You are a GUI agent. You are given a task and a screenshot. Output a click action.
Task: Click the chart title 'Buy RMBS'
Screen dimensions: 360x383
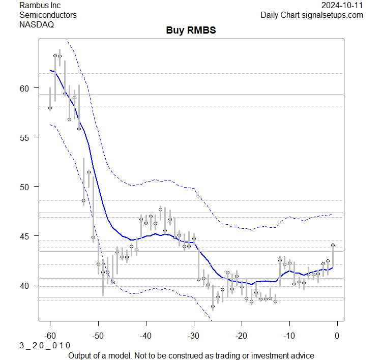point(191,30)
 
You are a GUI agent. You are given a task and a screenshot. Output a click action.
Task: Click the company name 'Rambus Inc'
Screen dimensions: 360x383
point(40,5)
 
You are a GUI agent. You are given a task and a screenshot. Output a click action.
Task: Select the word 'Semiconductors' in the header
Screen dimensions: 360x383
point(48,15)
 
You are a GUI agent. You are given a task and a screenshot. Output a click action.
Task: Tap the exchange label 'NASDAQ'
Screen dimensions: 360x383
point(37,24)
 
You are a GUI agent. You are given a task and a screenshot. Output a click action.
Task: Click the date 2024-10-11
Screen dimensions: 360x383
point(342,5)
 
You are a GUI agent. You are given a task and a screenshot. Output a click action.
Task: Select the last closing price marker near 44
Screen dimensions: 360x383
point(333,245)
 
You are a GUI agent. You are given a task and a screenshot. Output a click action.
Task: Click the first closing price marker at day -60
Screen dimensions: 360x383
point(50,108)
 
